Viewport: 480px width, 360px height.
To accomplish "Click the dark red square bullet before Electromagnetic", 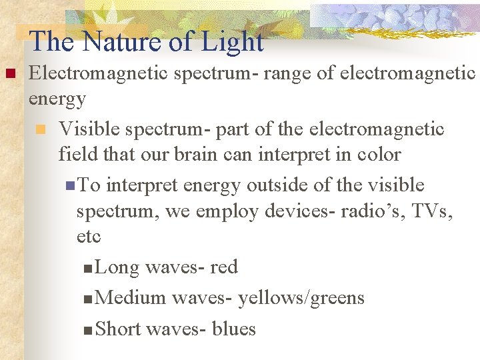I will click(9, 73).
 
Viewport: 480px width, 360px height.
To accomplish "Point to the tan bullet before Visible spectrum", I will click(41, 129).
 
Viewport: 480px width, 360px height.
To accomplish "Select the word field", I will click(77, 155).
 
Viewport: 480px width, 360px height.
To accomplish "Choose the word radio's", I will click(371, 211).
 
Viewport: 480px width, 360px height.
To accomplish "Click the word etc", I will click(89, 237).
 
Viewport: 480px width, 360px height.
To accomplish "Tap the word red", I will click(223, 267).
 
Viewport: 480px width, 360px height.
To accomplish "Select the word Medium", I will click(131, 297).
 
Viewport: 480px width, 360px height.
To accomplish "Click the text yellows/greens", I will click(301, 297).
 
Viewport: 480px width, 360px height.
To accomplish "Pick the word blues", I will click(233, 329).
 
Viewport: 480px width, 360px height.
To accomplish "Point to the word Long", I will click(117, 267).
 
